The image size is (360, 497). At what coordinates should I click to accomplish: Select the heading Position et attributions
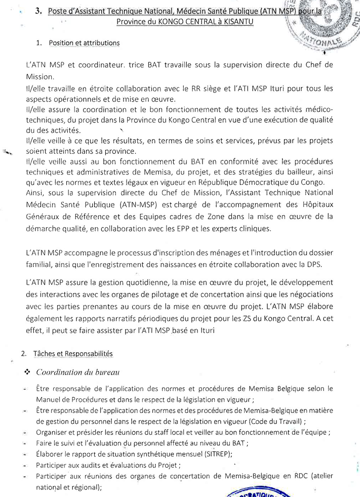(x=85, y=43)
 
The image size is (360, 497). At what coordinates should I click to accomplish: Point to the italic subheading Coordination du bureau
(x=78, y=372)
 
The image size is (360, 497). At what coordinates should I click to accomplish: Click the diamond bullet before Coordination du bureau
(x=27, y=372)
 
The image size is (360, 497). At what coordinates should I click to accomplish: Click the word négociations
(x=309, y=294)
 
